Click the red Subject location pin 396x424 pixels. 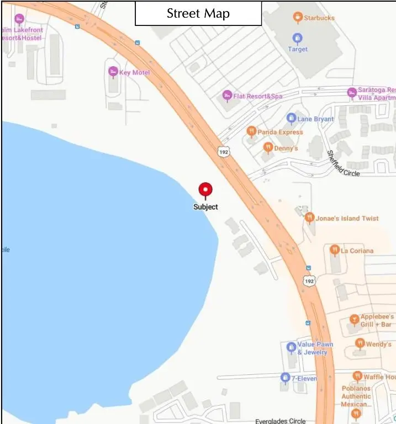pyautogui.click(x=205, y=190)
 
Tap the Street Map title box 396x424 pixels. pyautogui.click(x=198, y=13)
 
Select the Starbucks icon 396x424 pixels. pyautogui.click(x=298, y=18)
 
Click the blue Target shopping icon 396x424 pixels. pyautogui.click(x=298, y=38)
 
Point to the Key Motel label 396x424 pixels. pyautogui.click(x=134, y=72)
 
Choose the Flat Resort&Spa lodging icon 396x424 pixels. pyautogui.click(x=226, y=96)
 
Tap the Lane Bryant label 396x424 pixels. pyautogui.click(x=316, y=119)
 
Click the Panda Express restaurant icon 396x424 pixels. pyautogui.click(x=251, y=132)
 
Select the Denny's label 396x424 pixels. pyautogui.click(x=286, y=148)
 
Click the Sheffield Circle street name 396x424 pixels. pyautogui.click(x=343, y=164)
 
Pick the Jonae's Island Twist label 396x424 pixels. pyautogui.click(x=347, y=218)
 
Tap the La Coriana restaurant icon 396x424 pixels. pyautogui.click(x=334, y=250)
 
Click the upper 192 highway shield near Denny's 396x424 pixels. pyautogui.click(x=223, y=151)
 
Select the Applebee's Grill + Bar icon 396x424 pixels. pyautogui.click(x=355, y=320)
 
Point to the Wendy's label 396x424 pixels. pyautogui.click(x=379, y=344)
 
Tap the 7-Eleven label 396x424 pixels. pyautogui.click(x=304, y=378)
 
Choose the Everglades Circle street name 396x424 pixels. pyautogui.click(x=280, y=421)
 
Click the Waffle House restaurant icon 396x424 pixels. pyautogui.click(x=357, y=377)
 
